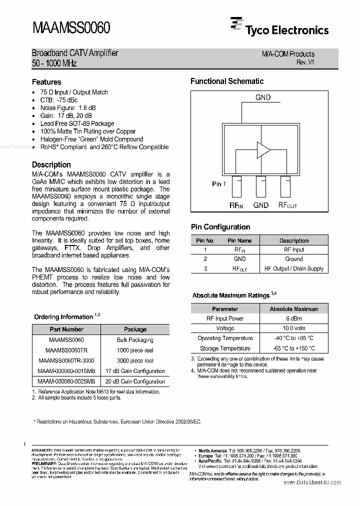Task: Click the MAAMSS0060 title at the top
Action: click(x=70, y=27)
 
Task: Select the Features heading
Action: click(x=46, y=82)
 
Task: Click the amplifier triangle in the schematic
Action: click(x=263, y=149)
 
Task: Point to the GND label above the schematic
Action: click(x=263, y=97)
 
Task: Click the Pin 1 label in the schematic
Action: click(x=219, y=184)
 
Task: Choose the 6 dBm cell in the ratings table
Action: click(x=294, y=318)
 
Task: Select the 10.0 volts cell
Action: click(x=294, y=328)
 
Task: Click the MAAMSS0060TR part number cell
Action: click(x=66, y=350)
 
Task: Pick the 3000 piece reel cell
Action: click(x=135, y=360)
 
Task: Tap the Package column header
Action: click(x=135, y=329)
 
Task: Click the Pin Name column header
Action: click(x=239, y=240)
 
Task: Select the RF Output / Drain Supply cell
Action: click(x=294, y=268)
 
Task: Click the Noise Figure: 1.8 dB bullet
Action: click(x=68, y=108)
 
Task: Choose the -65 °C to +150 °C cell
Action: click(x=294, y=348)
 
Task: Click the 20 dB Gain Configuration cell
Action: click(x=135, y=381)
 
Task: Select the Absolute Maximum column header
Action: click(x=294, y=309)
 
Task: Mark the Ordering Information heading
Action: click(x=64, y=317)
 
